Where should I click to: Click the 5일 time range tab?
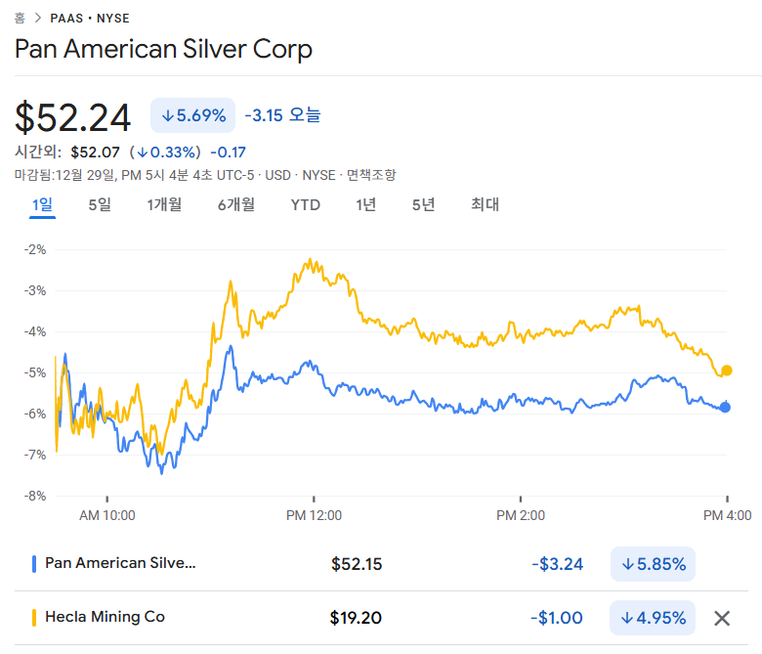tap(100, 204)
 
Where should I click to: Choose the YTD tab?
tap(305, 204)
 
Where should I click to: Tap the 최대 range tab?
tap(485, 204)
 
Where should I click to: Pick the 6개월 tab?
tap(236, 204)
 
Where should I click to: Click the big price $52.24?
tap(73, 117)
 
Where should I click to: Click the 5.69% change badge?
tap(192, 115)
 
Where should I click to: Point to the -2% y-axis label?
tap(35, 249)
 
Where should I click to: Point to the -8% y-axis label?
tap(35, 496)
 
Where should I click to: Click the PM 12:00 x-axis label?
tap(315, 515)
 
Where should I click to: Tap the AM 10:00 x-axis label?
tap(107, 515)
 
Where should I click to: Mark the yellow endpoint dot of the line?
tap(727, 371)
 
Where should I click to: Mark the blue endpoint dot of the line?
tap(725, 408)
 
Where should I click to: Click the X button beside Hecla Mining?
tap(722, 618)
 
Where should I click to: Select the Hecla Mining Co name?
tap(106, 617)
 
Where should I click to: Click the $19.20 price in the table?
tap(356, 618)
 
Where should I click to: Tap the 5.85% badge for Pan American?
tap(653, 564)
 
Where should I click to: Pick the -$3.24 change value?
tap(557, 564)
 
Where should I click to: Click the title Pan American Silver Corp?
tap(163, 49)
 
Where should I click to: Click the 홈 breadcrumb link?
tap(20, 18)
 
